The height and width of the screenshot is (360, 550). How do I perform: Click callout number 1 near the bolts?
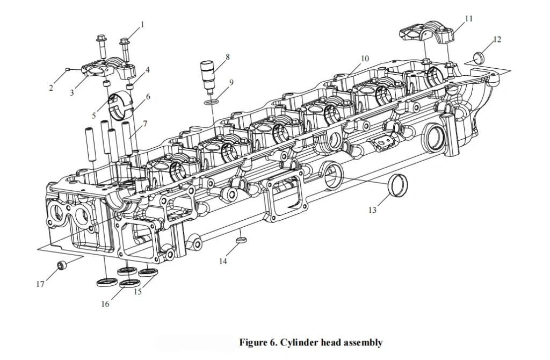tap(142, 25)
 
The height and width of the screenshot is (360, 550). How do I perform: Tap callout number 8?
tap(228, 57)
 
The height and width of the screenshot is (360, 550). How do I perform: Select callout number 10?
tap(365, 59)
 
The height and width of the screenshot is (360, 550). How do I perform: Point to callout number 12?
tap(497, 40)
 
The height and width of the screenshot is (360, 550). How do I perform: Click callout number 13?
tap(372, 210)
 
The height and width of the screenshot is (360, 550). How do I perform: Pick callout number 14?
tap(223, 261)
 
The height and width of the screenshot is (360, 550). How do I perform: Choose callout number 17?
tap(40, 284)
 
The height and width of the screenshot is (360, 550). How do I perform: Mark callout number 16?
tap(105, 304)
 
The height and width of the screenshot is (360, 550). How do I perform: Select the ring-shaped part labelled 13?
tap(398, 185)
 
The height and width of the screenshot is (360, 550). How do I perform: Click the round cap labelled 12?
tap(479, 57)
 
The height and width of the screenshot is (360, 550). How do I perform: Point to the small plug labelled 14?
tap(241, 240)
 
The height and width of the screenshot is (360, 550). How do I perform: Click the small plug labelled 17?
tap(62, 265)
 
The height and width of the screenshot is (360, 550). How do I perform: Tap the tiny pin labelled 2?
tap(68, 70)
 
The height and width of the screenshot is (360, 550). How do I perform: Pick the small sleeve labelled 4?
tap(130, 87)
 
